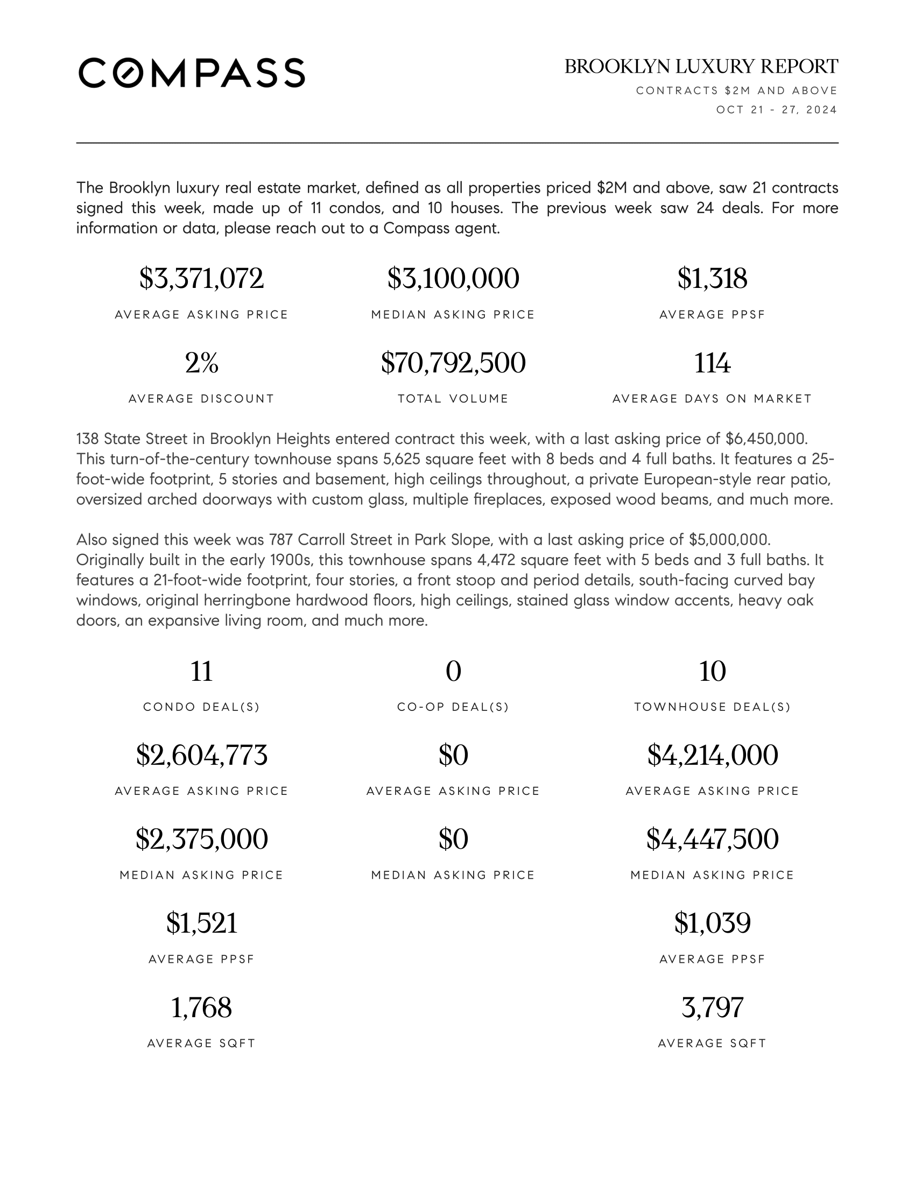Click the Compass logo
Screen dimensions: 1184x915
(192, 73)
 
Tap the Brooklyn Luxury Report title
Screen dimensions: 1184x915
(701, 67)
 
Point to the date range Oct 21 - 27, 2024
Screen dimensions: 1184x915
(776, 110)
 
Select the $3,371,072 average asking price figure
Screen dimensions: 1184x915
(201, 279)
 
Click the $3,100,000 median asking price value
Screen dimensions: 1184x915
(453, 279)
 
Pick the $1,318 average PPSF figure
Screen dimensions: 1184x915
(712, 279)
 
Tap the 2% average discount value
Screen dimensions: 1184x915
(201, 363)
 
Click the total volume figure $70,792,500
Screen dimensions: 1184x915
(453, 363)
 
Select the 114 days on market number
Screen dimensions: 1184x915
(712, 363)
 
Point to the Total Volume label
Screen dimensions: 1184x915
(453, 399)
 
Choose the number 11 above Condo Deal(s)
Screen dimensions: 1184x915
(201, 671)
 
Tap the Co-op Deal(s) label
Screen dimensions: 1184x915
(453, 707)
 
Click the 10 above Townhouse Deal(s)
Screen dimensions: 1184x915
(712, 671)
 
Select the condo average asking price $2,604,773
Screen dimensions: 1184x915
(201, 755)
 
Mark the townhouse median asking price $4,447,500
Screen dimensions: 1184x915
(712, 839)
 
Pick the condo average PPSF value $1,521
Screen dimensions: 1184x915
(201, 923)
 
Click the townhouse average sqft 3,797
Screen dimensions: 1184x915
(712, 1007)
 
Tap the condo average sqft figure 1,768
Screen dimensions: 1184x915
(201, 1007)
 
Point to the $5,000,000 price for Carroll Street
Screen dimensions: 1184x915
(729, 539)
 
